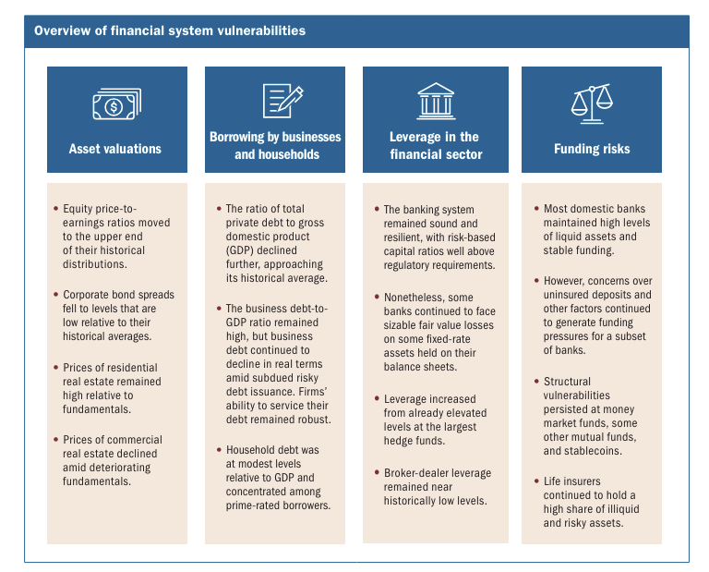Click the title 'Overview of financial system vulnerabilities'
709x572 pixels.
(x=170, y=30)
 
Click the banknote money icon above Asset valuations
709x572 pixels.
(x=115, y=103)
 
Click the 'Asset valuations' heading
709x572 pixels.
(x=115, y=149)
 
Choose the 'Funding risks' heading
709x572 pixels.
(x=592, y=149)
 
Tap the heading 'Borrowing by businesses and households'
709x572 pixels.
(x=275, y=146)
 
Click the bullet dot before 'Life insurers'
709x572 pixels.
(x=535, y=482)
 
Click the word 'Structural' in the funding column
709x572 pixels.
(x=568, y=382)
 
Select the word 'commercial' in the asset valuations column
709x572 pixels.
(x=131, y=440)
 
